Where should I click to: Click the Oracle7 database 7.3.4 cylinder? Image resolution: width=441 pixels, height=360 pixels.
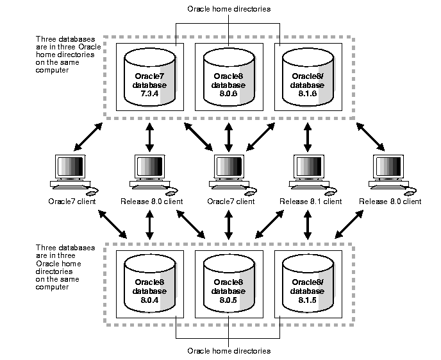(x=149, y=78)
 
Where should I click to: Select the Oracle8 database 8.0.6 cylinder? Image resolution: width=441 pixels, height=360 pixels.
(x=228, y=78)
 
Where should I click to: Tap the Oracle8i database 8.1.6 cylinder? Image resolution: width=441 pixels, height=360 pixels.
(x=308, y=78)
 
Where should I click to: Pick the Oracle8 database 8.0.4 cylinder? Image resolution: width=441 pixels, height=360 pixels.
(x=149, y=283)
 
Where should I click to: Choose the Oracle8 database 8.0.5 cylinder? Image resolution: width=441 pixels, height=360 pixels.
(x=228, y=283)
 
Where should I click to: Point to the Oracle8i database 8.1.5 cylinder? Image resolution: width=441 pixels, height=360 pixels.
(x=308, y=283)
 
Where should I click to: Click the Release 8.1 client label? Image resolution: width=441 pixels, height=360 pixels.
(x=311, y=201)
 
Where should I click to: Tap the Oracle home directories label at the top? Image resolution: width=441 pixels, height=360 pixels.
(x=229, y=9)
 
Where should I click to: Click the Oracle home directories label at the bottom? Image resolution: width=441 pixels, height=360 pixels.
(x=229, y=351)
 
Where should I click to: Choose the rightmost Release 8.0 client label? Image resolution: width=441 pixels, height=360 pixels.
(x=390, y=201)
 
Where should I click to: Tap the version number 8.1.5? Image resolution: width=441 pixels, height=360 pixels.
(x=306, y=300)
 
